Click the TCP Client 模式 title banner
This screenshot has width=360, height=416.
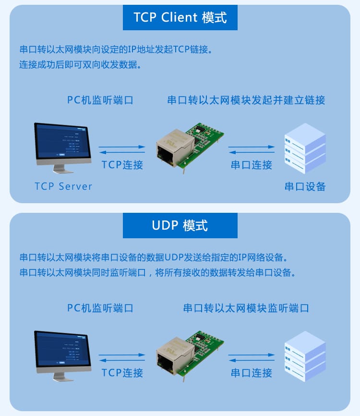[180, 17]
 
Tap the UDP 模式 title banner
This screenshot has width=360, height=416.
[180, 225]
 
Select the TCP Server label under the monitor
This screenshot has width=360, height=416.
[63, 186]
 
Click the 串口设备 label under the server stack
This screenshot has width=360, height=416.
[305, 186]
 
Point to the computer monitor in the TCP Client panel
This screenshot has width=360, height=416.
[62, 147]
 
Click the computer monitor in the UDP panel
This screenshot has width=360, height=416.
[62, 355]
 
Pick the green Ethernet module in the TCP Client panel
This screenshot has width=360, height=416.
[190, 147]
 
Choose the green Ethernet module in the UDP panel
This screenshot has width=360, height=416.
[190, 355]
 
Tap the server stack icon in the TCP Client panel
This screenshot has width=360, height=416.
[305, 148]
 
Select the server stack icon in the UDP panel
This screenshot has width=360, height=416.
[305, 356]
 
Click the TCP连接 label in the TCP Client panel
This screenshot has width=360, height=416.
[122, 165]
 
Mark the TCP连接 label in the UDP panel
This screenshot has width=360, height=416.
[122, 373]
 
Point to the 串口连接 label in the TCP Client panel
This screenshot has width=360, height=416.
[252, 165]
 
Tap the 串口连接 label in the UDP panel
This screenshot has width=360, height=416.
[252, 373]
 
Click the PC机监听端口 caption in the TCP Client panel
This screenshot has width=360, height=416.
[100, 100]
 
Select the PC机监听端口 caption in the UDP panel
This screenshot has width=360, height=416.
[100, 308]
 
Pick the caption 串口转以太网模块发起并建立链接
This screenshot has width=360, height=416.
[246, 100]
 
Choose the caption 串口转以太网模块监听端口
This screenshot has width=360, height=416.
[246, 308]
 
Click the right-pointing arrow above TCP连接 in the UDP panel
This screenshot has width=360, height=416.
[122, 355]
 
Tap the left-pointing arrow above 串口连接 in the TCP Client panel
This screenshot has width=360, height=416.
[252, 152]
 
